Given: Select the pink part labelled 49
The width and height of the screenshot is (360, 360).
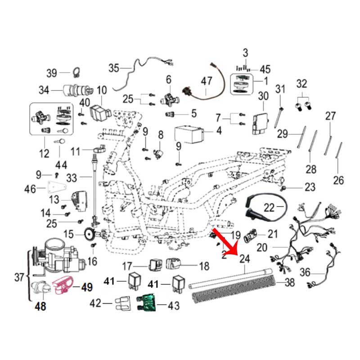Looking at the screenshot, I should (63, 285).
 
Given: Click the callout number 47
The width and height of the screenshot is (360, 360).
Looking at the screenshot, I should (206, 81).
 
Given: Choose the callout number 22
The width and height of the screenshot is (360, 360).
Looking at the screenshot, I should (269, 207).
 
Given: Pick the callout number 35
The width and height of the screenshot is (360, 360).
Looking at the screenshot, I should (113, 68).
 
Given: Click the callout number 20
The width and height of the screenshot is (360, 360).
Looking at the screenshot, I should (262, 248).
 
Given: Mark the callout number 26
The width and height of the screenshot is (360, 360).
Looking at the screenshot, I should (338, 180).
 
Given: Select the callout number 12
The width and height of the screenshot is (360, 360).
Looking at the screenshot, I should (44, 154).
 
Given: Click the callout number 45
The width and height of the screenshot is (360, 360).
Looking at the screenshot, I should (265, 69).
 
